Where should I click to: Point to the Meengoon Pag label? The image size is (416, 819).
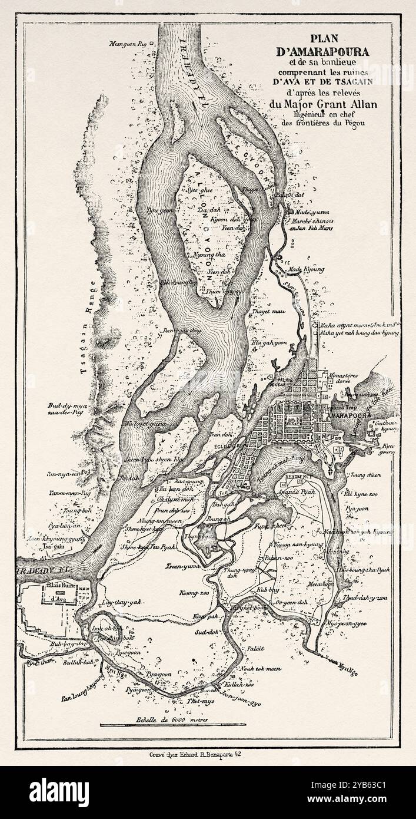[x=126, y=44]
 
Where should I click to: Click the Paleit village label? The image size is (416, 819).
[x=256, y=648]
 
